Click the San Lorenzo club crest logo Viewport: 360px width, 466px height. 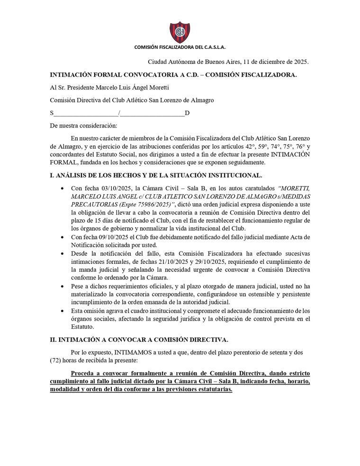(x=180, y=32)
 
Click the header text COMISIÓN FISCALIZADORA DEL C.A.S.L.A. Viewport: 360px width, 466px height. (x=180, y=48)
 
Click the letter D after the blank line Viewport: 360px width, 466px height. (x=187, y=113)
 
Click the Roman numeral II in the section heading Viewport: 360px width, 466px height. (x=53, y=340)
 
